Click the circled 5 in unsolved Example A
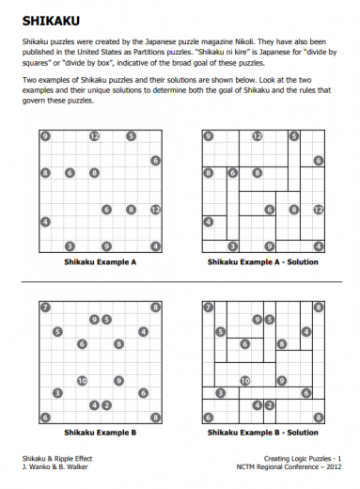click(x=131, y=136)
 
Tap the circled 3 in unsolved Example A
click(x=70, y=246)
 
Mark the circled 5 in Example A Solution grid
click(x=294, y=136)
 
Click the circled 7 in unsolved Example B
click(x=44, y=307)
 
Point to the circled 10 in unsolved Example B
click(x=82, y=381)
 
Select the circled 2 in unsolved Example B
click(x=106, y=404)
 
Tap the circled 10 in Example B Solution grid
click(x=245, y=381)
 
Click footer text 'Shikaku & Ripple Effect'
click(x=55, y=458)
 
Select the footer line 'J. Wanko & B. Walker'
click(x=52, y=466)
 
